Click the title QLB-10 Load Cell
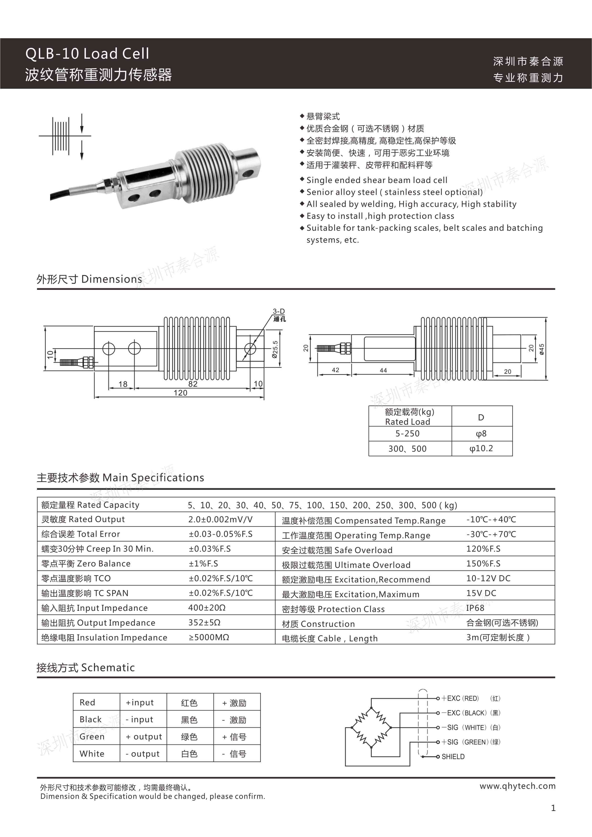pos(88,54)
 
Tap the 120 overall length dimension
pos(181,393)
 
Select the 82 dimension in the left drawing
pos(193,384)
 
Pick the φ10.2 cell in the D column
pos(481,448)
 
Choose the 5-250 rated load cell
pos(408,434)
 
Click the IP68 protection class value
pos(475,608)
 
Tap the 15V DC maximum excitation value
pos(481,593)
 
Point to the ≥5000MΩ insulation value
pos(209,637)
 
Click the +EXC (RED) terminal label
pos(460,698)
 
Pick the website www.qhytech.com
pos(517,786)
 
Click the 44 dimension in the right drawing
pos(383,370)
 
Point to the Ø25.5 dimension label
pos(275,350)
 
